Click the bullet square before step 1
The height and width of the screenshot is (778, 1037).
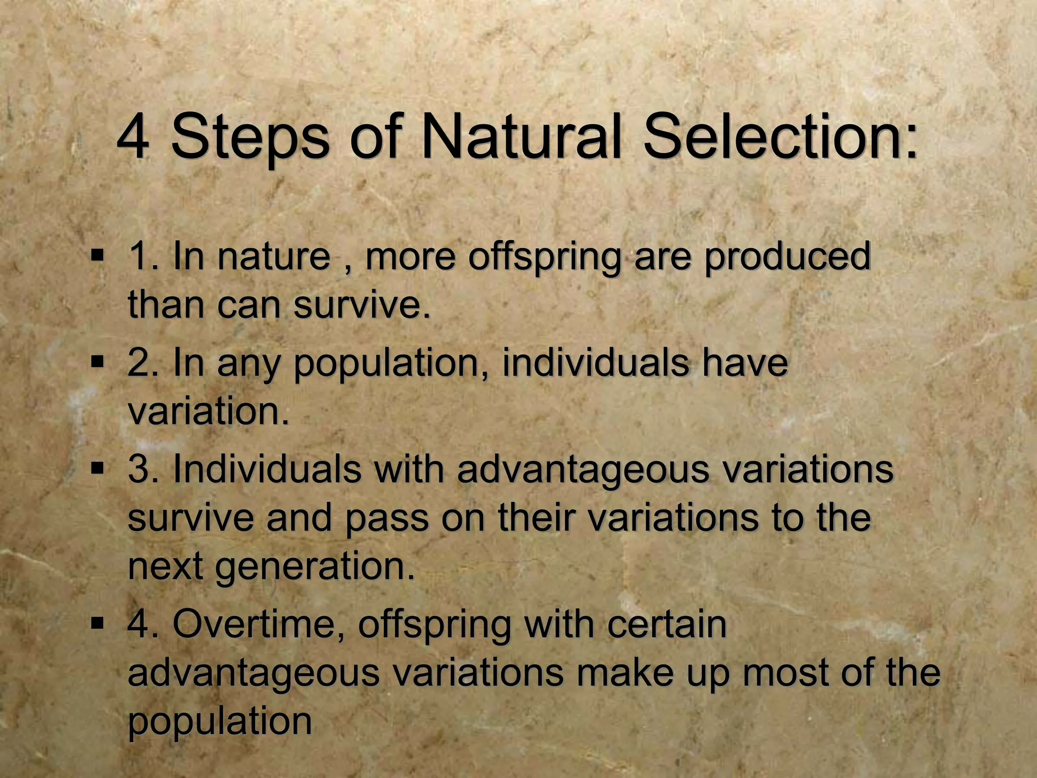click(x=97, y=254)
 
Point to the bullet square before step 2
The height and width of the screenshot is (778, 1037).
click(x=97, y=362)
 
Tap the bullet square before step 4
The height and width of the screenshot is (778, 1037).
click(x=97, y=623)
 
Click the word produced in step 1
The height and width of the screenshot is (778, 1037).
click(x=787, y=257)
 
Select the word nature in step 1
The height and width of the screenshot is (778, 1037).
click(x=273, y=256)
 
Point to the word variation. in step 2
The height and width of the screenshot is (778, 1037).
click(x=208, y=411)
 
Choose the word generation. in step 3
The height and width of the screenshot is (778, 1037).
click(x=315, y=567)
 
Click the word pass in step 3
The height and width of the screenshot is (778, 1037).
click(x=387, y=519)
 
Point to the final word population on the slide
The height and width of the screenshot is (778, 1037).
click(x=219, y=722)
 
